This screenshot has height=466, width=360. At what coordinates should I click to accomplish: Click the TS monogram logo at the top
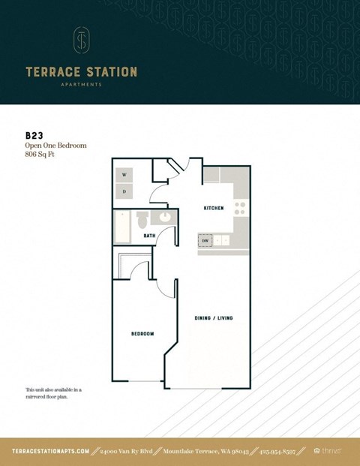[81, 41]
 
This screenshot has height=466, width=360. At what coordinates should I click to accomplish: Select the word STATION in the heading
[111, 72]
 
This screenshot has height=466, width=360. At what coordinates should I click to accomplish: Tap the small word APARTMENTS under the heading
[81, 85]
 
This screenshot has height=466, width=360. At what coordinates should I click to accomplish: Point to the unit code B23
[34, 136]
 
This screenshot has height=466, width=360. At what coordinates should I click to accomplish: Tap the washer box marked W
[124, 175]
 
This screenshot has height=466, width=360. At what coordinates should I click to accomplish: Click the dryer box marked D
[124, 191]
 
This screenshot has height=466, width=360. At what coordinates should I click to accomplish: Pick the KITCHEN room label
[214, 208]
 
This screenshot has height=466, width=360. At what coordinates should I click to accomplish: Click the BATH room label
[149, 236]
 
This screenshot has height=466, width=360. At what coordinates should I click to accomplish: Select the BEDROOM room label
[142, 333]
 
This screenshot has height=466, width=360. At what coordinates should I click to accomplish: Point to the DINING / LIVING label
[214, 318]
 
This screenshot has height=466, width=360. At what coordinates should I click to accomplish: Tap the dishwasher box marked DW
[205, 241]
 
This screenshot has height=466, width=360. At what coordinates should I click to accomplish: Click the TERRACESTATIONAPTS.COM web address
[51, 451]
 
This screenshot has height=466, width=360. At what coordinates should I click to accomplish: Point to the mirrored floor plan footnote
[52, 393]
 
